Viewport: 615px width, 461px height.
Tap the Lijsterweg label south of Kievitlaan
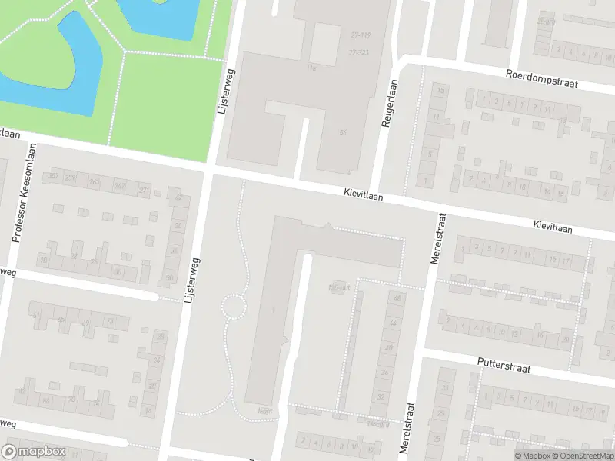(192, 281)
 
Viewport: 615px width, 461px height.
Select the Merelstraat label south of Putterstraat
(411, 426)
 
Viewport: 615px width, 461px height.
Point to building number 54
(342, 133)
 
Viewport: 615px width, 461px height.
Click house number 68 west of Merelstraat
(397, 298)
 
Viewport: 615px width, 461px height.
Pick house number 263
(95, 182)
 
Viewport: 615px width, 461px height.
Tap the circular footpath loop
(234, 307)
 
